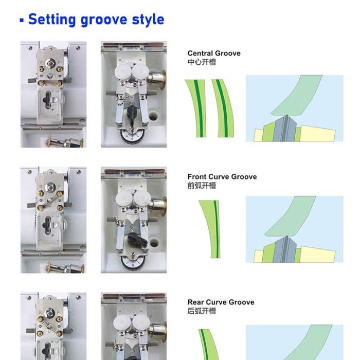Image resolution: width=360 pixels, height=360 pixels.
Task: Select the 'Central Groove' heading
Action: [x=213, y=53]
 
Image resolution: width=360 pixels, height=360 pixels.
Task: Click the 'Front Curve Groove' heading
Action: [x=222, y=176]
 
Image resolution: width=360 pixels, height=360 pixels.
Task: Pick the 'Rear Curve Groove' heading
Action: [x=221, y=302]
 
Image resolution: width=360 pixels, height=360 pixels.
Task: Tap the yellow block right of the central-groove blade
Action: [x=317, y=133]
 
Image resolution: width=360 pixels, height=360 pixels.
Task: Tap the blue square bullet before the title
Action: [x=22, y=21]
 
